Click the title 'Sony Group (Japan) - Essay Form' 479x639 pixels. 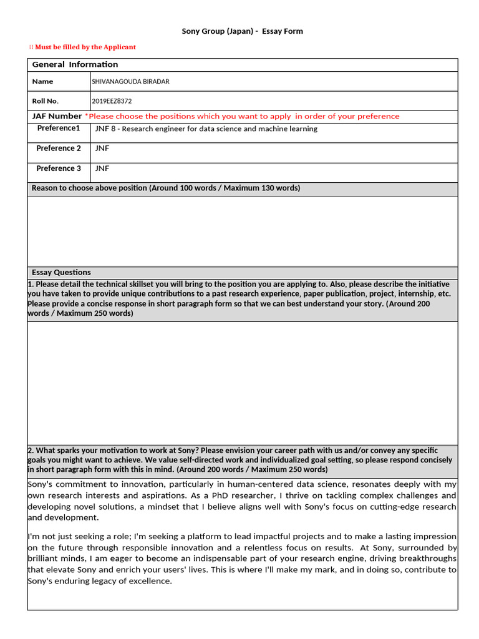click(x=242, y=31)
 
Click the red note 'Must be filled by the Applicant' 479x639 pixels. click(x=85, y=47)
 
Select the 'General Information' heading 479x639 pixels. click(x=75, y=65)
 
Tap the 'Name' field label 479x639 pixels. click(x=42, y=82)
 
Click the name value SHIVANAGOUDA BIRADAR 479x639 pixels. click(x=130, y=82)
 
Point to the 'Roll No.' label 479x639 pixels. click(x=45, y=101)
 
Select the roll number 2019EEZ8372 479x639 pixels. click(x=112, y=101)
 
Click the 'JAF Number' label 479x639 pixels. click(x=57, y=116)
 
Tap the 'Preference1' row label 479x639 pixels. click(x=59, y=129)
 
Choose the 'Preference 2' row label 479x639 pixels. click(x=59, y=149)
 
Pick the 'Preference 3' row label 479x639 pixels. click(x=59, y=168)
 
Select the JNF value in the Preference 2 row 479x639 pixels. click(x=102, y=149)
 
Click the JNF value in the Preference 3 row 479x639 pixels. click(x=102, y=168)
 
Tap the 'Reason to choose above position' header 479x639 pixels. click(x=165, y=188)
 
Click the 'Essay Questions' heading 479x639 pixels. click(x=61, y=273)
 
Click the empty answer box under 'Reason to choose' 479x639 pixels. click(x=242, y=231)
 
